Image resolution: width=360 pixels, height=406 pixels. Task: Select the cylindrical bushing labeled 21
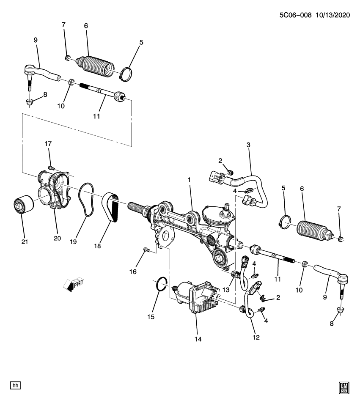click(22, 205)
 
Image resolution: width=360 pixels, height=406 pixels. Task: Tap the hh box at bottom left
click(16, 385)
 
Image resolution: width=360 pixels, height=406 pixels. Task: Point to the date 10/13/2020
click(335, 15)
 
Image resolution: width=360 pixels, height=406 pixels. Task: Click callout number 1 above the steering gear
click(190, 180)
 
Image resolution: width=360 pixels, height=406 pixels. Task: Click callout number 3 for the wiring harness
click(249, 145)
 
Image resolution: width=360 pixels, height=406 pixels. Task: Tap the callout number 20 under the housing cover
click(58, 238)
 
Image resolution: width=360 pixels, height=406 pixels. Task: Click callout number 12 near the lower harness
click(256, 337)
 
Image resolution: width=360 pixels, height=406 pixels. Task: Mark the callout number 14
click(197, 339)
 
